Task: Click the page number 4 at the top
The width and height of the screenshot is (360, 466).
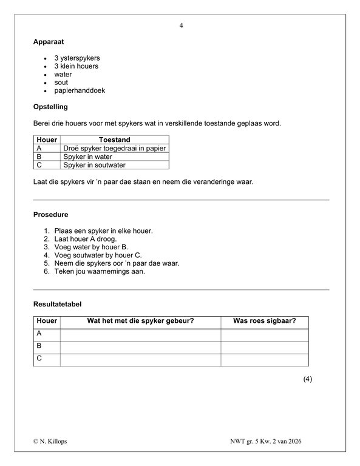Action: click(181, 25)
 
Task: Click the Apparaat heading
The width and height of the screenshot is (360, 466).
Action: click(49, 42)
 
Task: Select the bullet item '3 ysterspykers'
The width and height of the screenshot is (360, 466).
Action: click(76, 58)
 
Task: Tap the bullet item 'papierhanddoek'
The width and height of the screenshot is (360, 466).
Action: click(80, 90)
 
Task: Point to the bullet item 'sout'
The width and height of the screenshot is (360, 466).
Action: click(61, 83)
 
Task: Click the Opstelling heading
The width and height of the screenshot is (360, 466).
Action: click(50, 107)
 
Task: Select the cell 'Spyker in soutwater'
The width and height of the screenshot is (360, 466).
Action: click(94, 164)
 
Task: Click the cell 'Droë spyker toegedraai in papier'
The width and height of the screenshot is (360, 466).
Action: click(114, 148)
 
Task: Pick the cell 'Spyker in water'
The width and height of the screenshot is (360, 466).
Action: click(88, 157)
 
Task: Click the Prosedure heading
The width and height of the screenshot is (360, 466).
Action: click(50, 215)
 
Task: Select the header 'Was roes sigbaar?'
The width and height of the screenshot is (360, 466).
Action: click(264, 321)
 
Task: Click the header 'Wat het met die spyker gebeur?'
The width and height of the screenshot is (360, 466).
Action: click(140, 321)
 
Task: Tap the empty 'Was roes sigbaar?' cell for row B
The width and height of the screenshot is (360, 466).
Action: click(264, 346)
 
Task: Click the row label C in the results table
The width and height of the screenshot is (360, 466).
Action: click(39, 359)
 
